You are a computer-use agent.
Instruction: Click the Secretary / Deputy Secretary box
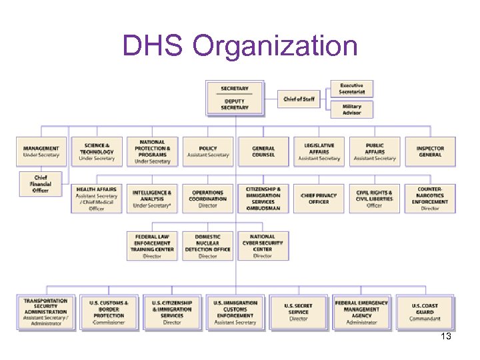(x=235, y=98)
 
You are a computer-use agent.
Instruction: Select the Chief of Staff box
(x=298, y=99)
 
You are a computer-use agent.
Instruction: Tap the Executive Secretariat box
(x=351, y=89)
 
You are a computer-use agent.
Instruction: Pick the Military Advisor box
(x=351, y=109)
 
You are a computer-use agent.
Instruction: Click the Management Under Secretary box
(x=41, y=151)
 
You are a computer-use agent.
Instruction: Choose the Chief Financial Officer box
(x=41, y=183)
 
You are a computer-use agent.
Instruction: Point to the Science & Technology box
(x=97, y=151)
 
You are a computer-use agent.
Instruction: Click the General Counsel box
(x=263, y=151)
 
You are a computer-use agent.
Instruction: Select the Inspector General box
(x=430, y=151)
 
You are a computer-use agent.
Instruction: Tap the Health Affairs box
(x=97, y=199)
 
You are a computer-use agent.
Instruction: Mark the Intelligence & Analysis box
(x=152, y=199)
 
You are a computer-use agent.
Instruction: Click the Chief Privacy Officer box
(x=319, y=199)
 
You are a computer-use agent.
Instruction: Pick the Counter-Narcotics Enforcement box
(x=430, y=199)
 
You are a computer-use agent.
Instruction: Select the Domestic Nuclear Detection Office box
(x=207, y=246)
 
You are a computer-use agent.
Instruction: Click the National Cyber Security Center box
(x=263, y=246)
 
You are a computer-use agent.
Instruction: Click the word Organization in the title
(x=275, y=46)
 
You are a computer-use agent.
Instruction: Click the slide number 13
(x=446, y=337)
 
